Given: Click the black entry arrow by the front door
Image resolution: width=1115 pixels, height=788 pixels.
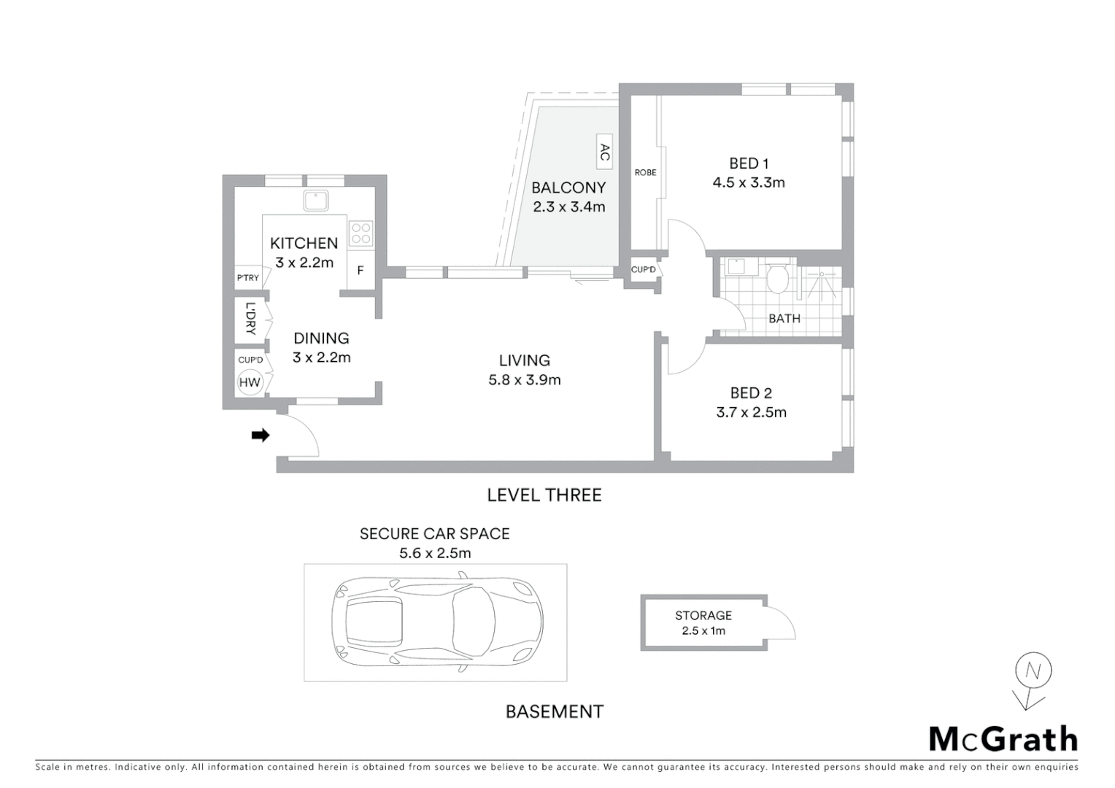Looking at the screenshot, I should [261, 436].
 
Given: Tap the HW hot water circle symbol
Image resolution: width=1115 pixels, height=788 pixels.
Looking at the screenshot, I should [250, 382].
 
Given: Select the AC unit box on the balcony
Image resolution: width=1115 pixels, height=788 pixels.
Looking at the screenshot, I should [604, 152].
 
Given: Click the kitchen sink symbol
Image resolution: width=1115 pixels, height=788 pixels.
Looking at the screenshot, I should [316, 199].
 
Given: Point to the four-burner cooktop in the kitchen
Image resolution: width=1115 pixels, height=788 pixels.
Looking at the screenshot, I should [361, 233].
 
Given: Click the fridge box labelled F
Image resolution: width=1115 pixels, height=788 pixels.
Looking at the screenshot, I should [360, 271].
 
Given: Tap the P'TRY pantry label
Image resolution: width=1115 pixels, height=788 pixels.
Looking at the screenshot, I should [248, 278].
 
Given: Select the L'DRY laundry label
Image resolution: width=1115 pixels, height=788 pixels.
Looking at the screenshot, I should [250, 319].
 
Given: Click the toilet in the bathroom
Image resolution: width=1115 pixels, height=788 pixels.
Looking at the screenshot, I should [778, 278].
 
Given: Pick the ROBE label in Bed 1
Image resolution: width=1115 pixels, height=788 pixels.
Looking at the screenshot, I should [645, 173].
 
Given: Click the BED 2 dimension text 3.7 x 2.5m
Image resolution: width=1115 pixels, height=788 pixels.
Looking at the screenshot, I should [752, 412].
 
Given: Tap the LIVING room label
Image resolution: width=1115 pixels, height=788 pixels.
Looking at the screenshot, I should [525, 360].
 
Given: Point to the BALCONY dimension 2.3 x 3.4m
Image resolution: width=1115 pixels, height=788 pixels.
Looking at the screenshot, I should [569, 206].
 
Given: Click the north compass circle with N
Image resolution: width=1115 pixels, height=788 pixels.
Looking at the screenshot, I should [1033, 671].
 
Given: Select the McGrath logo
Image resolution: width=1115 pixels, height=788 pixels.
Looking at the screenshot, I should [1003, 739].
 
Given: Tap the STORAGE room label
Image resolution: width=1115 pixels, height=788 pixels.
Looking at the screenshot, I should [703, 616].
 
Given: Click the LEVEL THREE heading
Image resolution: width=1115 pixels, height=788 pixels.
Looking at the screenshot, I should [544, 495].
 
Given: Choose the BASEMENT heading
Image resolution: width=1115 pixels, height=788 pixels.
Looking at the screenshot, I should [555, 711].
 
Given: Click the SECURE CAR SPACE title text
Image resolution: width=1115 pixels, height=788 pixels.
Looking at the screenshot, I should [435, 534].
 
